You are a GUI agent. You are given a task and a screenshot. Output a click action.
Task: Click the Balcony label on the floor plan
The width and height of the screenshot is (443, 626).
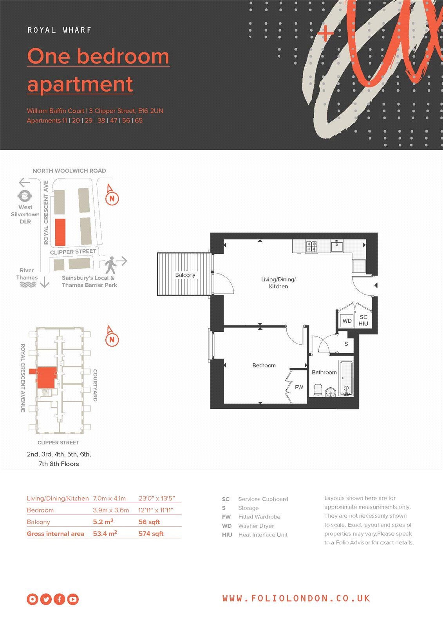point(185,275)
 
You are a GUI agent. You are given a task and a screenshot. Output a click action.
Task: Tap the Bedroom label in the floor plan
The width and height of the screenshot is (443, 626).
point(264,365)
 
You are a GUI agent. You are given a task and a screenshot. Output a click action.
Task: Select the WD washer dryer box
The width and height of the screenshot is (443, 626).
point(347,321)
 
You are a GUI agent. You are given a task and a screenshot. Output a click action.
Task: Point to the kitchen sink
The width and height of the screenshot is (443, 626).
point(337,246)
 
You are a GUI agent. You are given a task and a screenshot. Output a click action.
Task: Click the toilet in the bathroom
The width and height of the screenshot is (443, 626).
point(318,390)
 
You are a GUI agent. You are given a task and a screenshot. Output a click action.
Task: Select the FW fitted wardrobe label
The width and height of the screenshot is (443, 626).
point(299,387)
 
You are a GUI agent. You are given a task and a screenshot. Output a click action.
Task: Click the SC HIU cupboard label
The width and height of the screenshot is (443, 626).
point(363,320)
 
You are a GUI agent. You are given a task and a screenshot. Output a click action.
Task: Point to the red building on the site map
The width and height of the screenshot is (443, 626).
point(60,232)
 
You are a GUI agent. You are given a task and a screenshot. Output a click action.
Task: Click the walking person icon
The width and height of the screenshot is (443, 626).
point(110,265)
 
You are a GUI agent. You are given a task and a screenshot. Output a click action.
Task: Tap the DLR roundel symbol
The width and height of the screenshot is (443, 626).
point(25,196)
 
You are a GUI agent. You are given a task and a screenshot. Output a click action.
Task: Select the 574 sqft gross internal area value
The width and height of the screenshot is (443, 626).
point(151,534)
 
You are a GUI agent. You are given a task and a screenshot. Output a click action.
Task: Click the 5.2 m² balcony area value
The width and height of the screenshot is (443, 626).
point(103,522)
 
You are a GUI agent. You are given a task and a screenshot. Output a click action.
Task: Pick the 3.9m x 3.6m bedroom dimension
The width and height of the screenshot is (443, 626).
point(111,510)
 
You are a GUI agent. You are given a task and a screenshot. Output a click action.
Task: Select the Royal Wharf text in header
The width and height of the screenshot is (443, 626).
point(59,30)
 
